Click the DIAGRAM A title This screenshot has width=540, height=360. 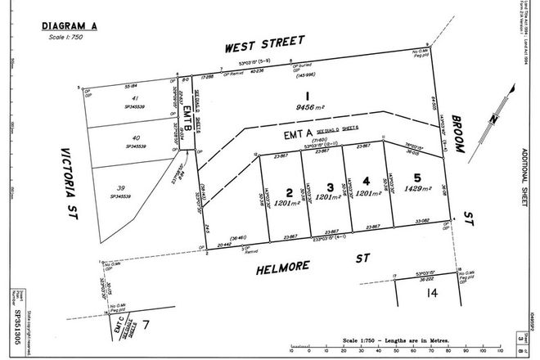coord(70,26)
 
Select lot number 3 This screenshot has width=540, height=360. coord(328,186)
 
